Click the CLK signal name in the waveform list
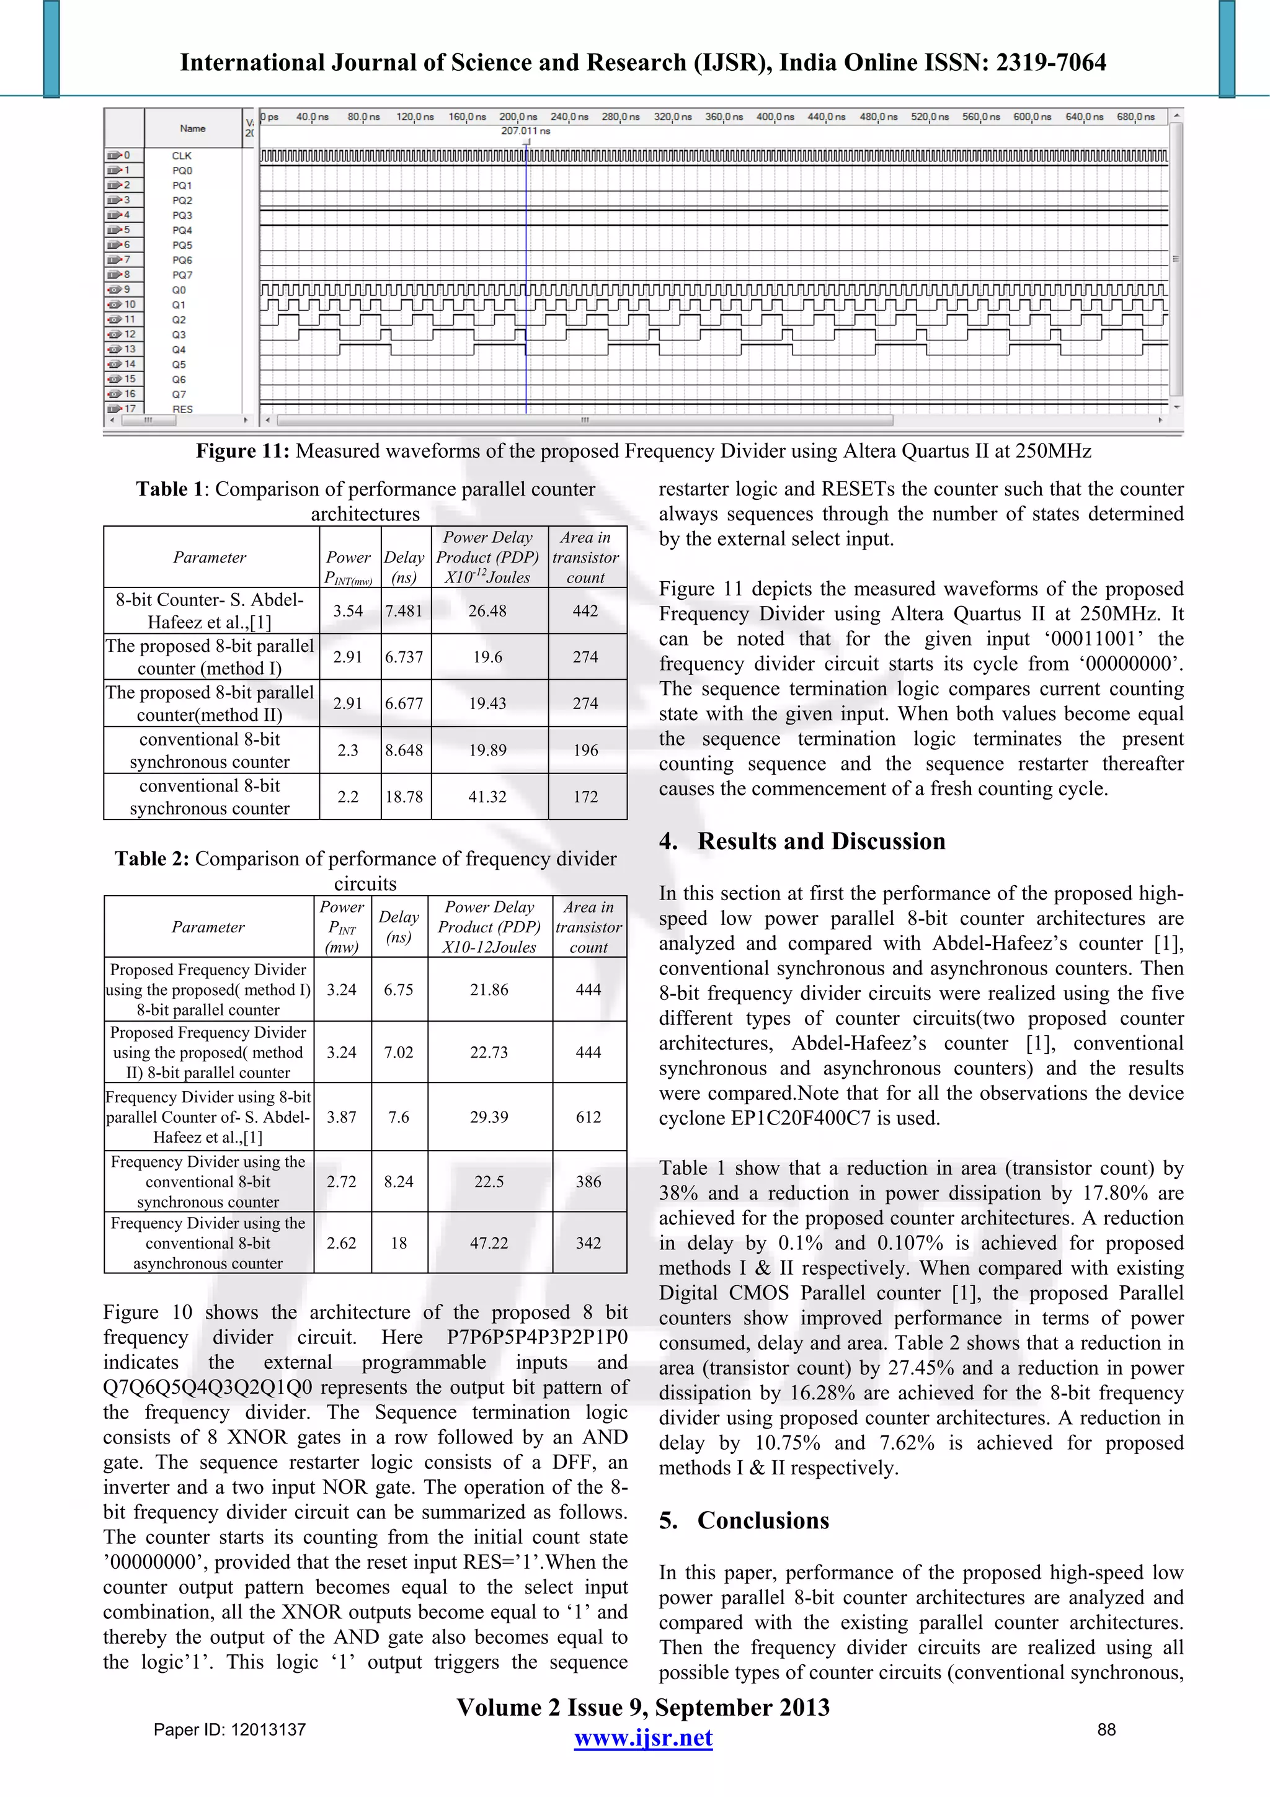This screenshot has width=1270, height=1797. (x=182, y=156)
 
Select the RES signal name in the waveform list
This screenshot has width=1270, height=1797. (x=182, y=409)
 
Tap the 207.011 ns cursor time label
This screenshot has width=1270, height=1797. (x=526, y=131)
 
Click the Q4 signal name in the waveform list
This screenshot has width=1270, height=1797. (x=179, y=350)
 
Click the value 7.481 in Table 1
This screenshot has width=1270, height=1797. (x=404, y=610)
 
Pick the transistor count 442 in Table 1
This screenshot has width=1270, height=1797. (x=585, y=610)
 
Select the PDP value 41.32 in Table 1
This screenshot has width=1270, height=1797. (x=487, y=796)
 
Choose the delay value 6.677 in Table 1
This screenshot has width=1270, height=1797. (x=404, y=703)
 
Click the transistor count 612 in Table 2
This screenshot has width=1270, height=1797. (x=588, y=1117)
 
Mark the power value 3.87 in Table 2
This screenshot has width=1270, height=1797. (x=341, y=1117)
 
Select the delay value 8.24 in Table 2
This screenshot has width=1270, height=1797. (x=398, y=1182)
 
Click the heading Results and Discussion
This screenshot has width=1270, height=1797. (x=821, y=841)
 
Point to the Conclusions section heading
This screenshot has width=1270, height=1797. (x=763, y=1520)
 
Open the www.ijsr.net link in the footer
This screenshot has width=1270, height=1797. (x=643, y=1737)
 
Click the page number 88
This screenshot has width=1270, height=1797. (x=1106, y=1729)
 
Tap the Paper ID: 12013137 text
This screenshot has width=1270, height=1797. (x=229, y=1729)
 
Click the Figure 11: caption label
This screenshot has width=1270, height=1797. (x=242, y=451)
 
